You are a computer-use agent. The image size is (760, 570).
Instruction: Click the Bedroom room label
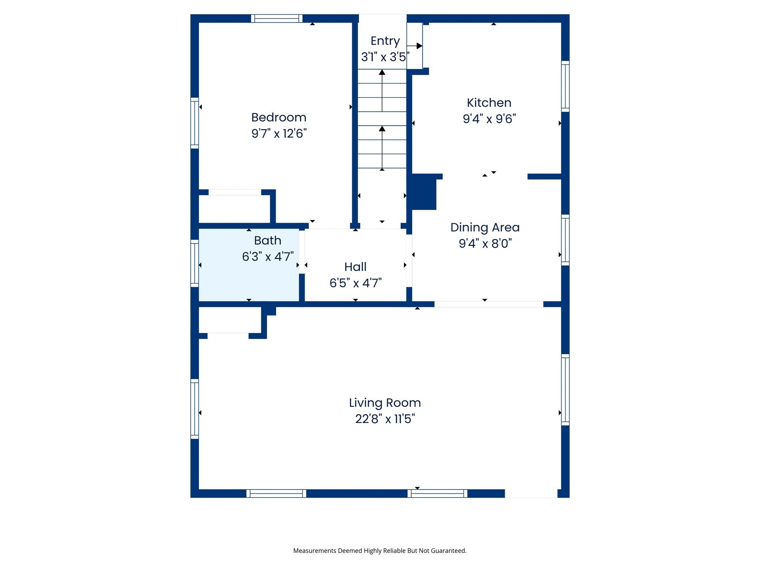point(279,117)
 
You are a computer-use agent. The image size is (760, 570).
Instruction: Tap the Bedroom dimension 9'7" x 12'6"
point(279,133)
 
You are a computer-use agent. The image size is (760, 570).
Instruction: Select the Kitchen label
point(489,102)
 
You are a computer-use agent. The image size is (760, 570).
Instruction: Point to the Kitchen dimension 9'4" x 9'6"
point(489,119)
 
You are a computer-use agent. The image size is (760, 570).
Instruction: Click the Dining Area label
point(485,227)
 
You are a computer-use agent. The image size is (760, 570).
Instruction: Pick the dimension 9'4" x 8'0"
point(485,243)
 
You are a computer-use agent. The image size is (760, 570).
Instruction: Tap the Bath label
point(268,240)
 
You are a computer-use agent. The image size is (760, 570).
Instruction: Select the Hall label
point(355,267)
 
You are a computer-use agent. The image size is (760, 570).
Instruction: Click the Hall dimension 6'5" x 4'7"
point(355,283)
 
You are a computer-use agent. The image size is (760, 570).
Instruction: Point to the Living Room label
point(385,403)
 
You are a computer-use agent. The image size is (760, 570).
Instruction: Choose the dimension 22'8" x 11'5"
point(385,419)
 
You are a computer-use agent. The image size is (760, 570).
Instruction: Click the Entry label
point(385,41)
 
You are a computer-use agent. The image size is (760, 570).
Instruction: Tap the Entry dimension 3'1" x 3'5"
point(385,57)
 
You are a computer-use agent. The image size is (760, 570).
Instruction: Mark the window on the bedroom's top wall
point(276,19)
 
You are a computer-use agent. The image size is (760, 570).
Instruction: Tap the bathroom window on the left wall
point(194,263)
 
